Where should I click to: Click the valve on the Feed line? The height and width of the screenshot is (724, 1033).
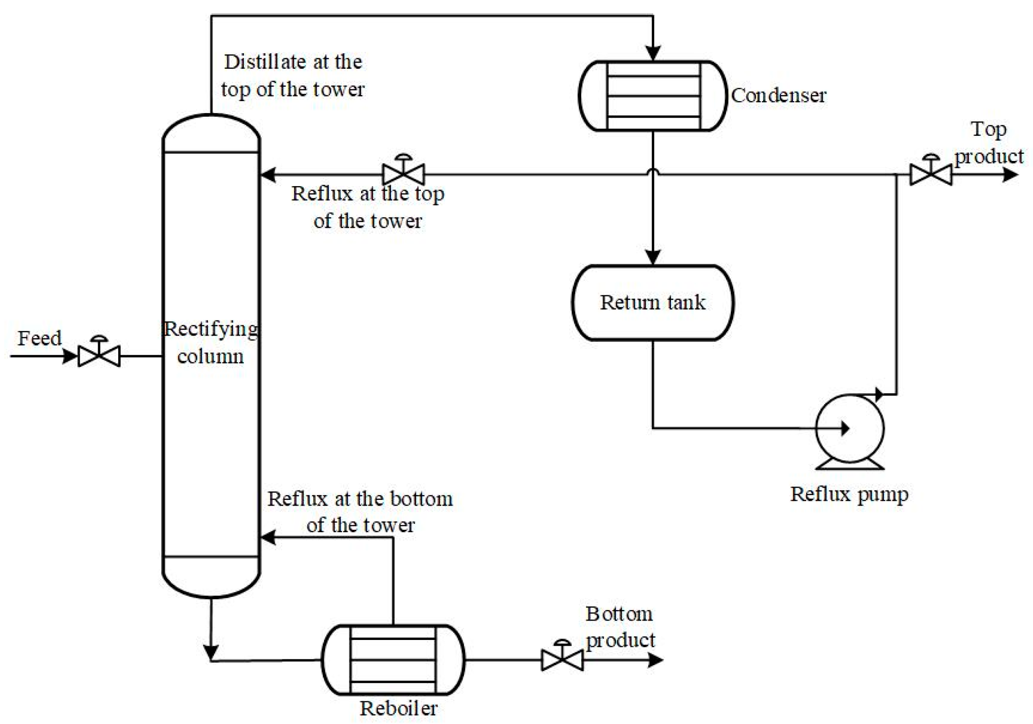coord(99,355)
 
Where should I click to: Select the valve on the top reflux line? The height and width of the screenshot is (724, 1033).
coord(403,174)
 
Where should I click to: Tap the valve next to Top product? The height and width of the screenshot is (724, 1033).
coord(931,174)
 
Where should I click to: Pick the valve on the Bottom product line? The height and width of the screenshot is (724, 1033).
coord(562,659)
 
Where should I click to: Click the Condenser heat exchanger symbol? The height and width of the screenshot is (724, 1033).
coord(653,95)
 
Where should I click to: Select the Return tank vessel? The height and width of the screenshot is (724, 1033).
coord(653,302)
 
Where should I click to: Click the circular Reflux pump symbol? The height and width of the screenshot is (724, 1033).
coord(849,429)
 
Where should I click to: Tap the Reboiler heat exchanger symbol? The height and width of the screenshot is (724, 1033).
coord(393,660)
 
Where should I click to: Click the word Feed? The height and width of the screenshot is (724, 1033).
coord(39,338)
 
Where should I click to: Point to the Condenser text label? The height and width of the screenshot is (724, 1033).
coord(778,95)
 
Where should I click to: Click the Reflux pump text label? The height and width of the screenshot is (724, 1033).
coord(849,494)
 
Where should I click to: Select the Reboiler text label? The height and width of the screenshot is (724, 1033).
coord(398,708)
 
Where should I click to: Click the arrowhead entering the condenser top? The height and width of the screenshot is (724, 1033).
coord(653,53)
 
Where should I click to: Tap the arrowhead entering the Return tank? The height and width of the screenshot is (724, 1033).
coord(653,257)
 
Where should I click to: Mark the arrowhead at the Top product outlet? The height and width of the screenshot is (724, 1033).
coord(1010,175)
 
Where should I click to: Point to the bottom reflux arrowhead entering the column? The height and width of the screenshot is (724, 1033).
coord(269,537)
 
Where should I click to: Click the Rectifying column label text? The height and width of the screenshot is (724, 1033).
coord(211,342)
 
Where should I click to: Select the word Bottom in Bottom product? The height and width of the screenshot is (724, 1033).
coord(619,614)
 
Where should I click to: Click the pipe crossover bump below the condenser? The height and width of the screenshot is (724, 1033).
coord(653,171)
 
